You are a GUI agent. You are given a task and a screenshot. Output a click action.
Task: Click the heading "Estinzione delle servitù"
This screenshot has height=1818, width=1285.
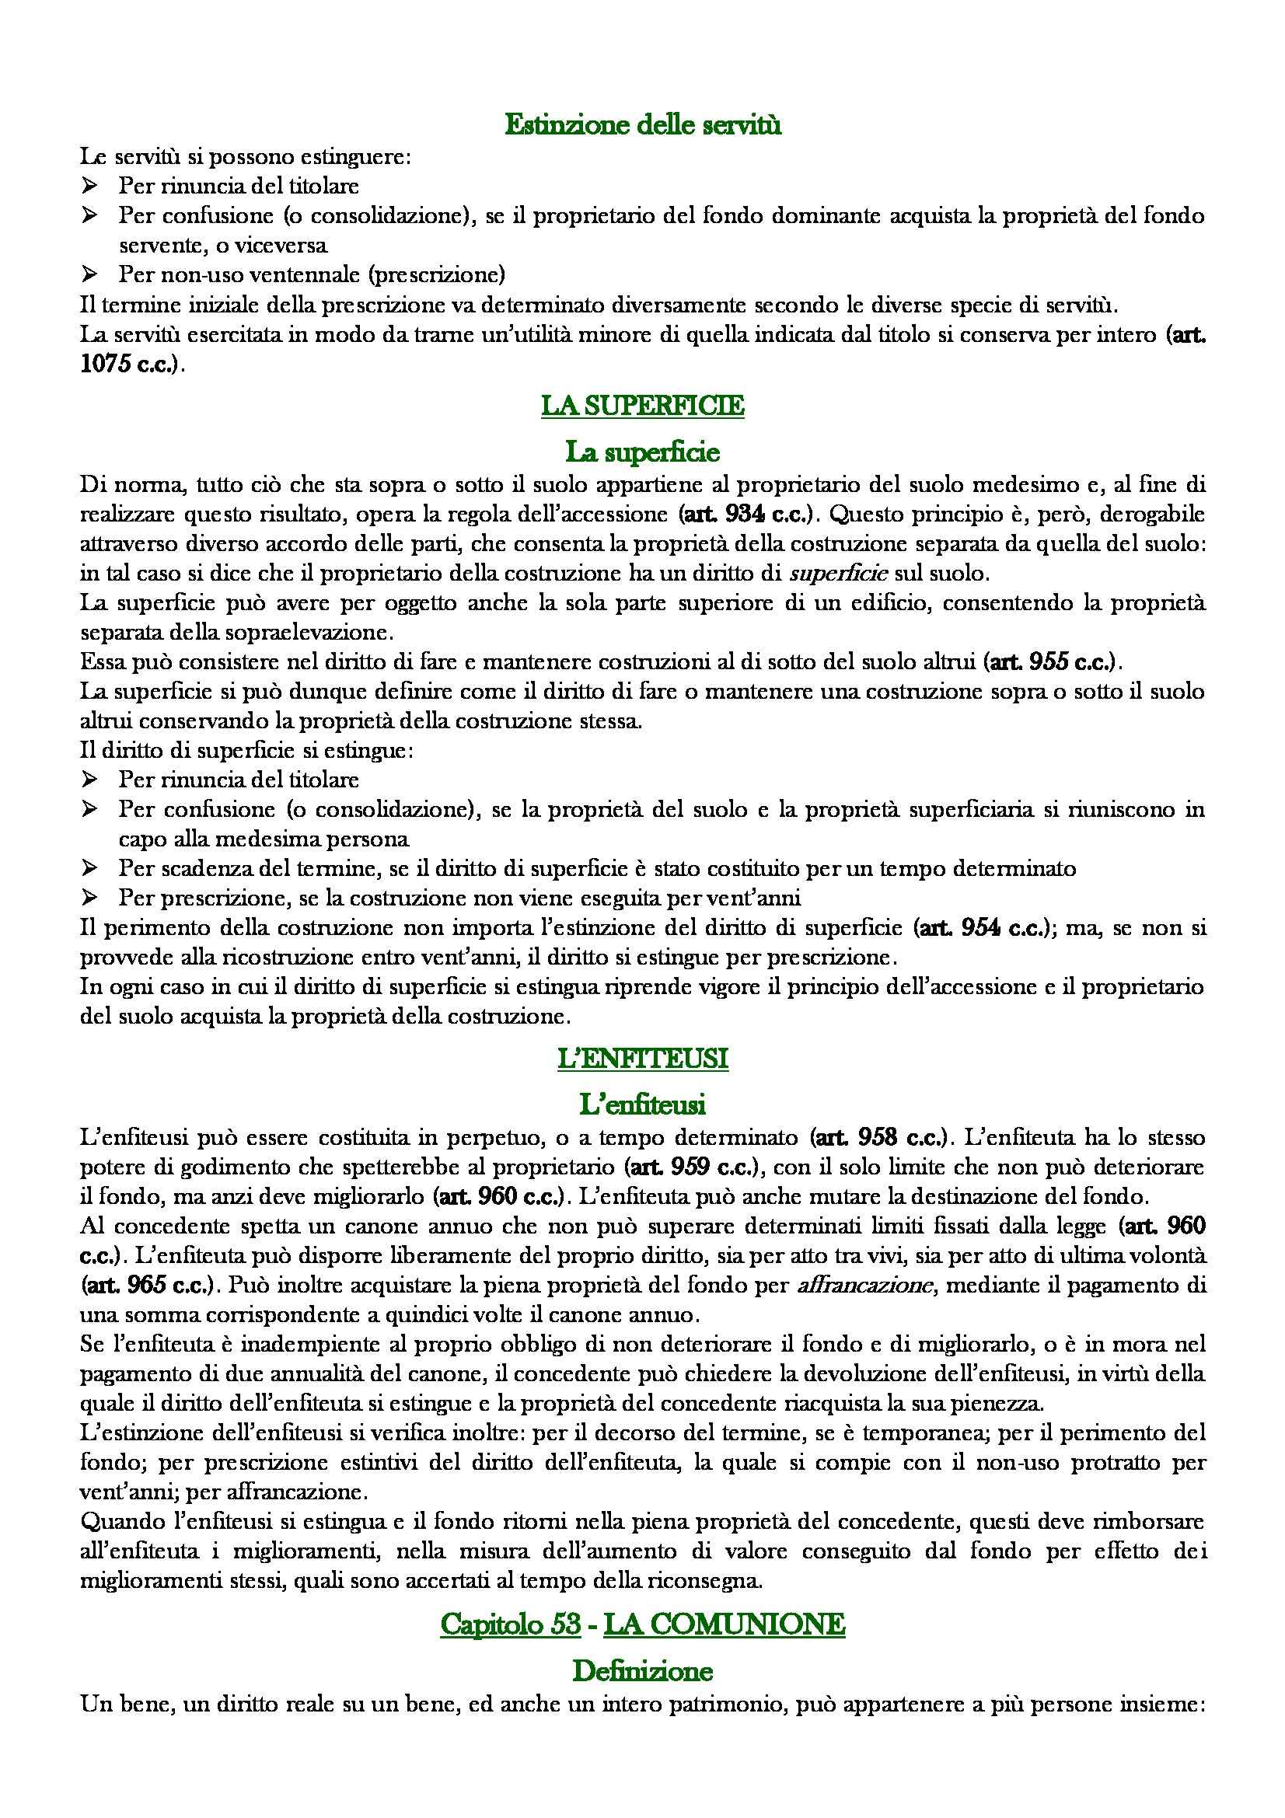pyautogui.click(x=642, y=125)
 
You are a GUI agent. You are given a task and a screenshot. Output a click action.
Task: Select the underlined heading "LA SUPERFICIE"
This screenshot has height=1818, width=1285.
pyautogui.click(x=642, y=407)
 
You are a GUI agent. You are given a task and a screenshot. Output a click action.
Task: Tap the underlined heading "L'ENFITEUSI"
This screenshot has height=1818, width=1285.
pyautogui.click(x=642, y=1059)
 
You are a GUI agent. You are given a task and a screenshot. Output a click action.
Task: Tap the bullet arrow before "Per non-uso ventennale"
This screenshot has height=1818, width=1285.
pyautogui.click(x=89, y=274)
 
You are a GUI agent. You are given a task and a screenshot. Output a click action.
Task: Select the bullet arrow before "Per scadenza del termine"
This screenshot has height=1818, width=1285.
pyautogui.click(x=89, y=869)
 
